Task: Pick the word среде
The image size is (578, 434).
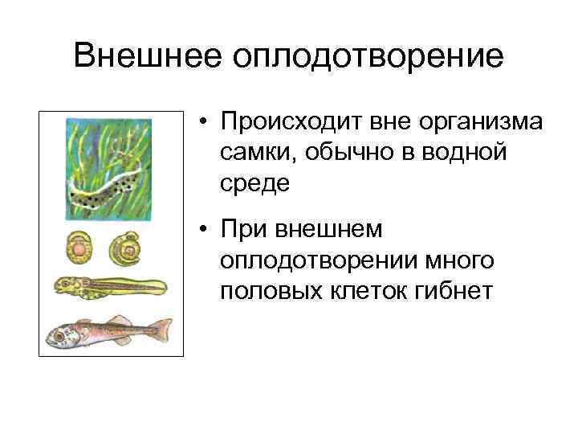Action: coord(257,182)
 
